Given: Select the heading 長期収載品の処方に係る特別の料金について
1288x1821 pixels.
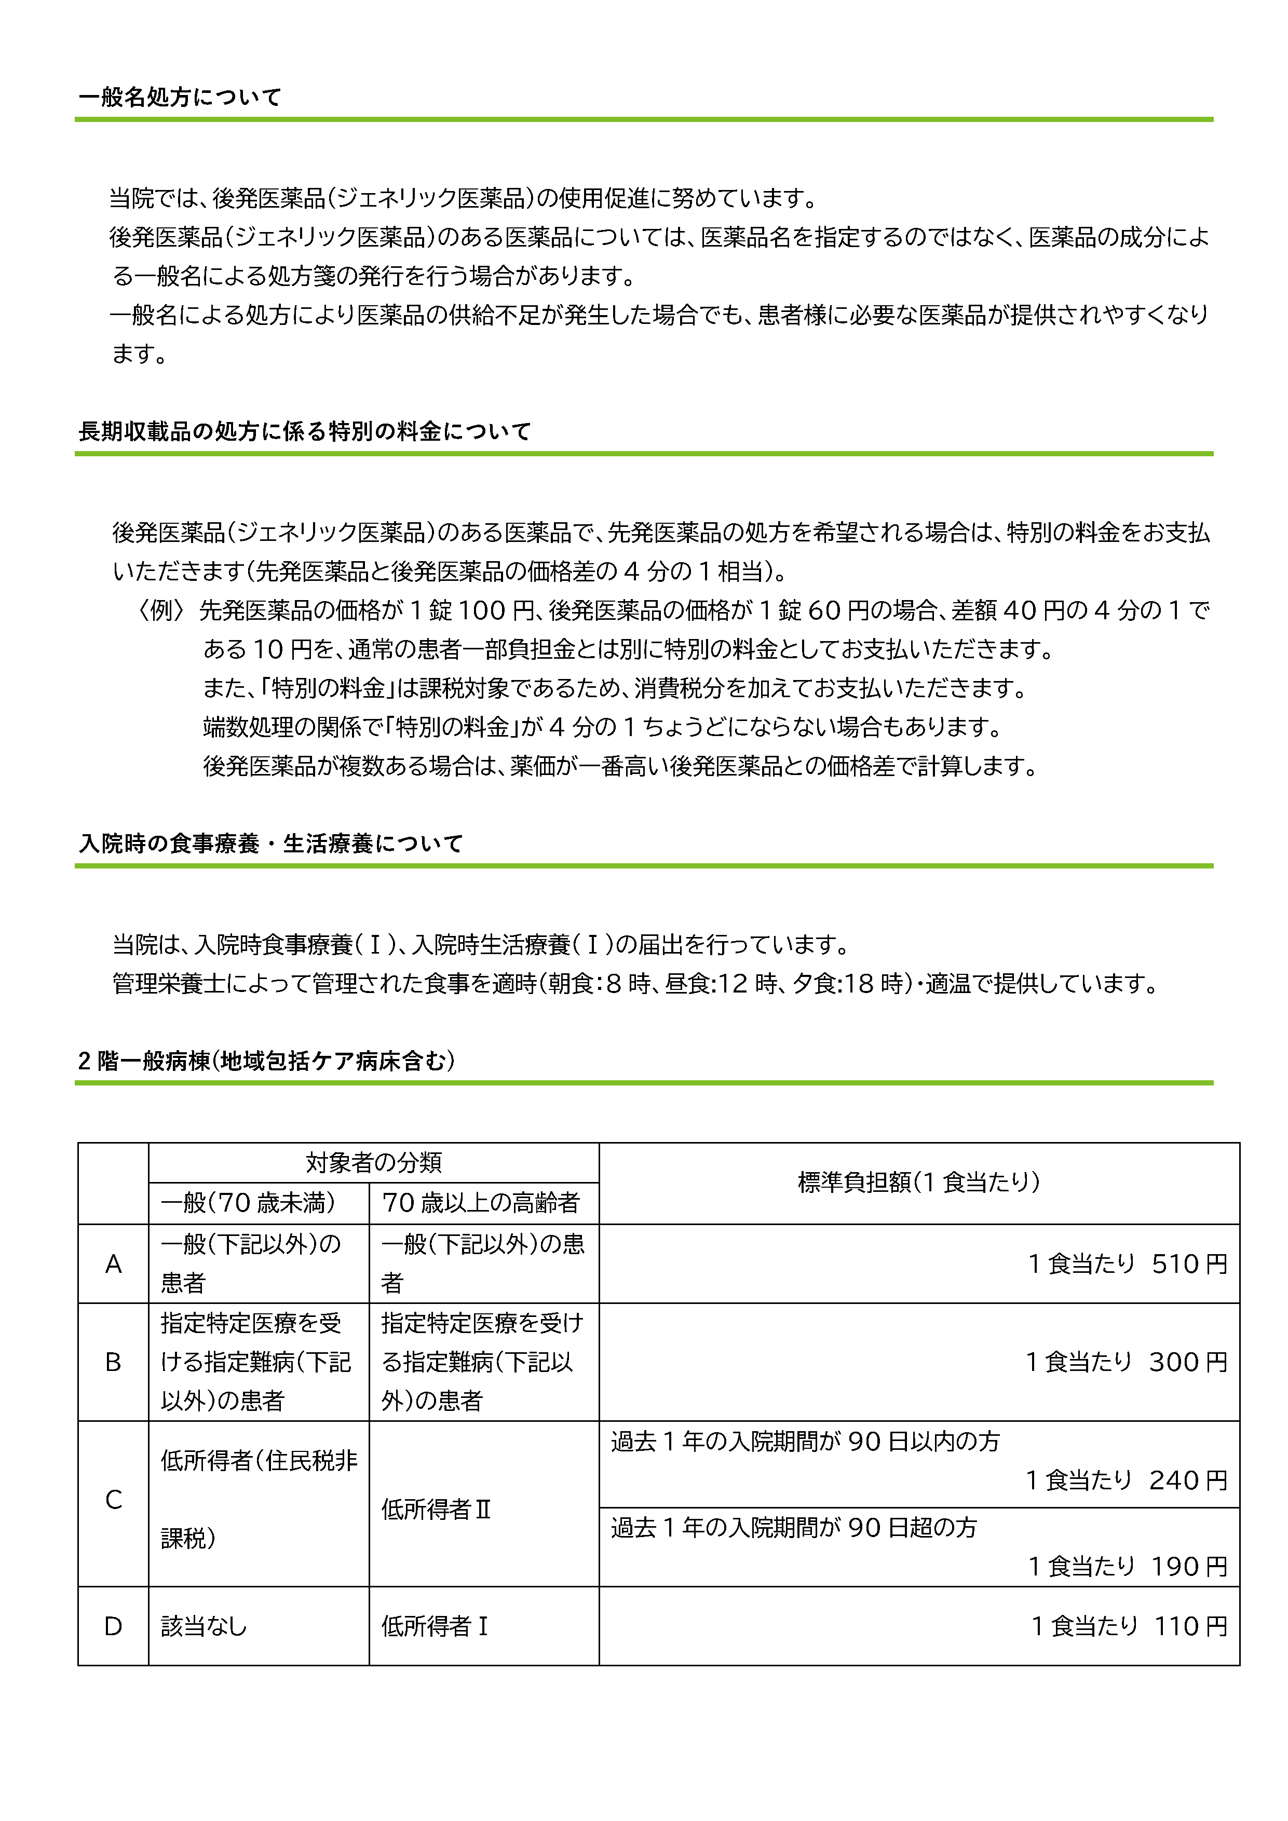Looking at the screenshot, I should pos(305,431).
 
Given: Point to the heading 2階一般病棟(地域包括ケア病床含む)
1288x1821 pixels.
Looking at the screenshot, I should pos(266,1061).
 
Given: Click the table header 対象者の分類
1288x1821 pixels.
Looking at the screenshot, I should pos(374,1163).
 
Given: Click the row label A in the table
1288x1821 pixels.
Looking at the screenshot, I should pos(113,1264).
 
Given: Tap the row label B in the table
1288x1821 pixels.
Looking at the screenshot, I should pos(113,1362).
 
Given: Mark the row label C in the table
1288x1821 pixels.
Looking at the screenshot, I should pos(113,1500).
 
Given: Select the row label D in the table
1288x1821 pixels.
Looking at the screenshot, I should pos(113,1627).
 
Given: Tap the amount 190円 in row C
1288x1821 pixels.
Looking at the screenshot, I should pos(1189,1567).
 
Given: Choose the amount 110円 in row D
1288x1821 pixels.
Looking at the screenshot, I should pos(1190,1627).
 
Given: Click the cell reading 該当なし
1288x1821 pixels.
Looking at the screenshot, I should pos(204,1627).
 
